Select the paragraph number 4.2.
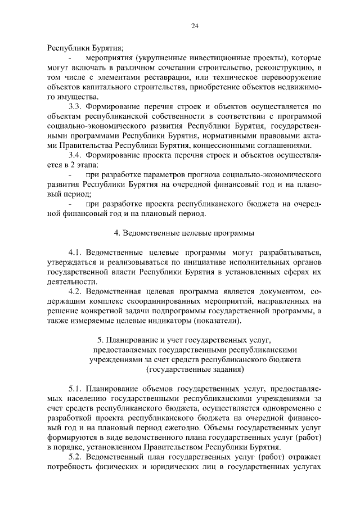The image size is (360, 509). (x=75, y=291)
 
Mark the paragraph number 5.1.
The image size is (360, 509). (x=75, y=389)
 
